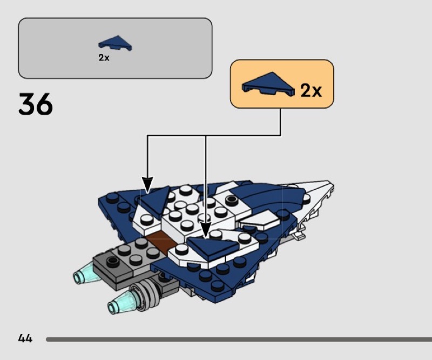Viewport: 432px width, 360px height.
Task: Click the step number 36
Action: tap(36, 104)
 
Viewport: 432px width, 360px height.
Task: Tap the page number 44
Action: tap(25, 338)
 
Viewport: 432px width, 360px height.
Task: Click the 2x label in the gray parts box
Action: tap(104, 58)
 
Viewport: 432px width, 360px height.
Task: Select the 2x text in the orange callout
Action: tap(310, 90)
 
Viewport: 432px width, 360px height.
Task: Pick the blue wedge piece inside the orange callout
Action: tap(268, 84)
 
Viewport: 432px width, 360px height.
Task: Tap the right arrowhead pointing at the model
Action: tap(205, 230)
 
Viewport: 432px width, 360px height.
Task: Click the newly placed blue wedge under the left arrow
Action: tap(155, 201)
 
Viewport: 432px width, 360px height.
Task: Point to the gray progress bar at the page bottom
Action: tap(238, 339)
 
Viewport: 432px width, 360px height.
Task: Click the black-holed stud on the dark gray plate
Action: tap(113, 262)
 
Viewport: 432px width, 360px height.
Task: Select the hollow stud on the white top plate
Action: tap(232, 200)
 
